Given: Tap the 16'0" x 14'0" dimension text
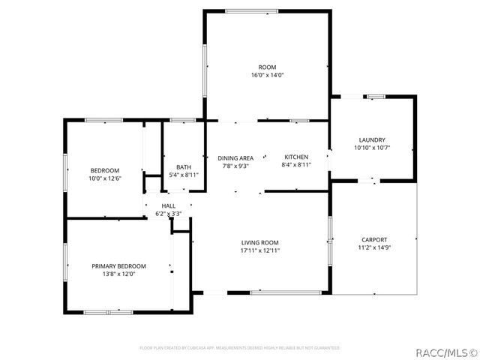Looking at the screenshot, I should (267, 75).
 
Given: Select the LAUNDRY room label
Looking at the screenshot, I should (372, 140).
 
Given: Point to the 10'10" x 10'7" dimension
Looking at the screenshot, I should (372, 148).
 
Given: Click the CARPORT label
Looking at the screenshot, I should (374, 240).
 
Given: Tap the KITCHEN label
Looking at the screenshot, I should (295, 157).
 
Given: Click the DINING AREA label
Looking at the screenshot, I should (235, 158).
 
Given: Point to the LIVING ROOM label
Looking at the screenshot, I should (259, 242).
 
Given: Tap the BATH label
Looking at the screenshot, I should (184, 167).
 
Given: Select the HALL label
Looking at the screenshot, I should (169, 205).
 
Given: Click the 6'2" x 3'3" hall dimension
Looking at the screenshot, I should (169, 214).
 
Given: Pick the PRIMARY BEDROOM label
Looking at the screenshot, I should (118, 266).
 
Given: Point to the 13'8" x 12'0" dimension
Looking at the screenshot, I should (118, 274).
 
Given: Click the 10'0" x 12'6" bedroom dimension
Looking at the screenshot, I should (105, 178).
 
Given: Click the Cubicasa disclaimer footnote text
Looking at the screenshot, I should (240, 348).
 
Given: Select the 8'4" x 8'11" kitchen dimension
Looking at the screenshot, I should (295, 165).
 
